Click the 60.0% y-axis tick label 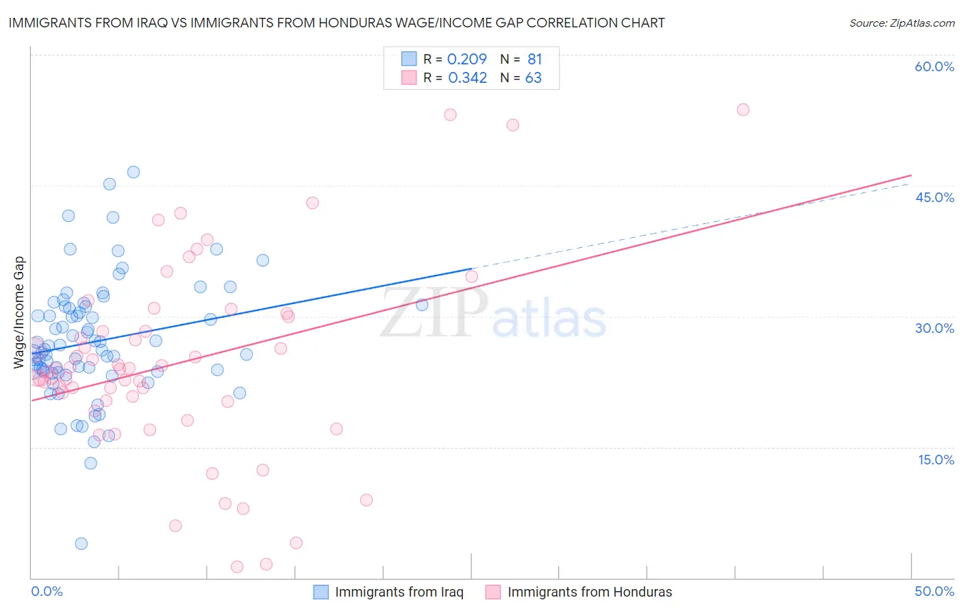pos(934,66)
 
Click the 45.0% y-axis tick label pos(934,197)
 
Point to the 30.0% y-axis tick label pos(934,328)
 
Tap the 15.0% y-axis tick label pos(936,460)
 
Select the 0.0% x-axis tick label pos(47,591)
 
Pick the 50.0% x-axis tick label pos(934,591)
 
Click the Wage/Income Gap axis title pos(19,312)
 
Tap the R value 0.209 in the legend pos(466,60)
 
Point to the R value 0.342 pos(467,78)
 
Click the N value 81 pos(534,60)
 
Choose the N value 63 pos(533,78)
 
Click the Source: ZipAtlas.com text pos(901,23)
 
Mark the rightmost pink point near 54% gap pos(743,110)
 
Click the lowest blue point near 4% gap pos(82,544)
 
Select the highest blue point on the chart pos(134,172)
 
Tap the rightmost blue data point pos(422,305)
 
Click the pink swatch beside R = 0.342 pos(409,77)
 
